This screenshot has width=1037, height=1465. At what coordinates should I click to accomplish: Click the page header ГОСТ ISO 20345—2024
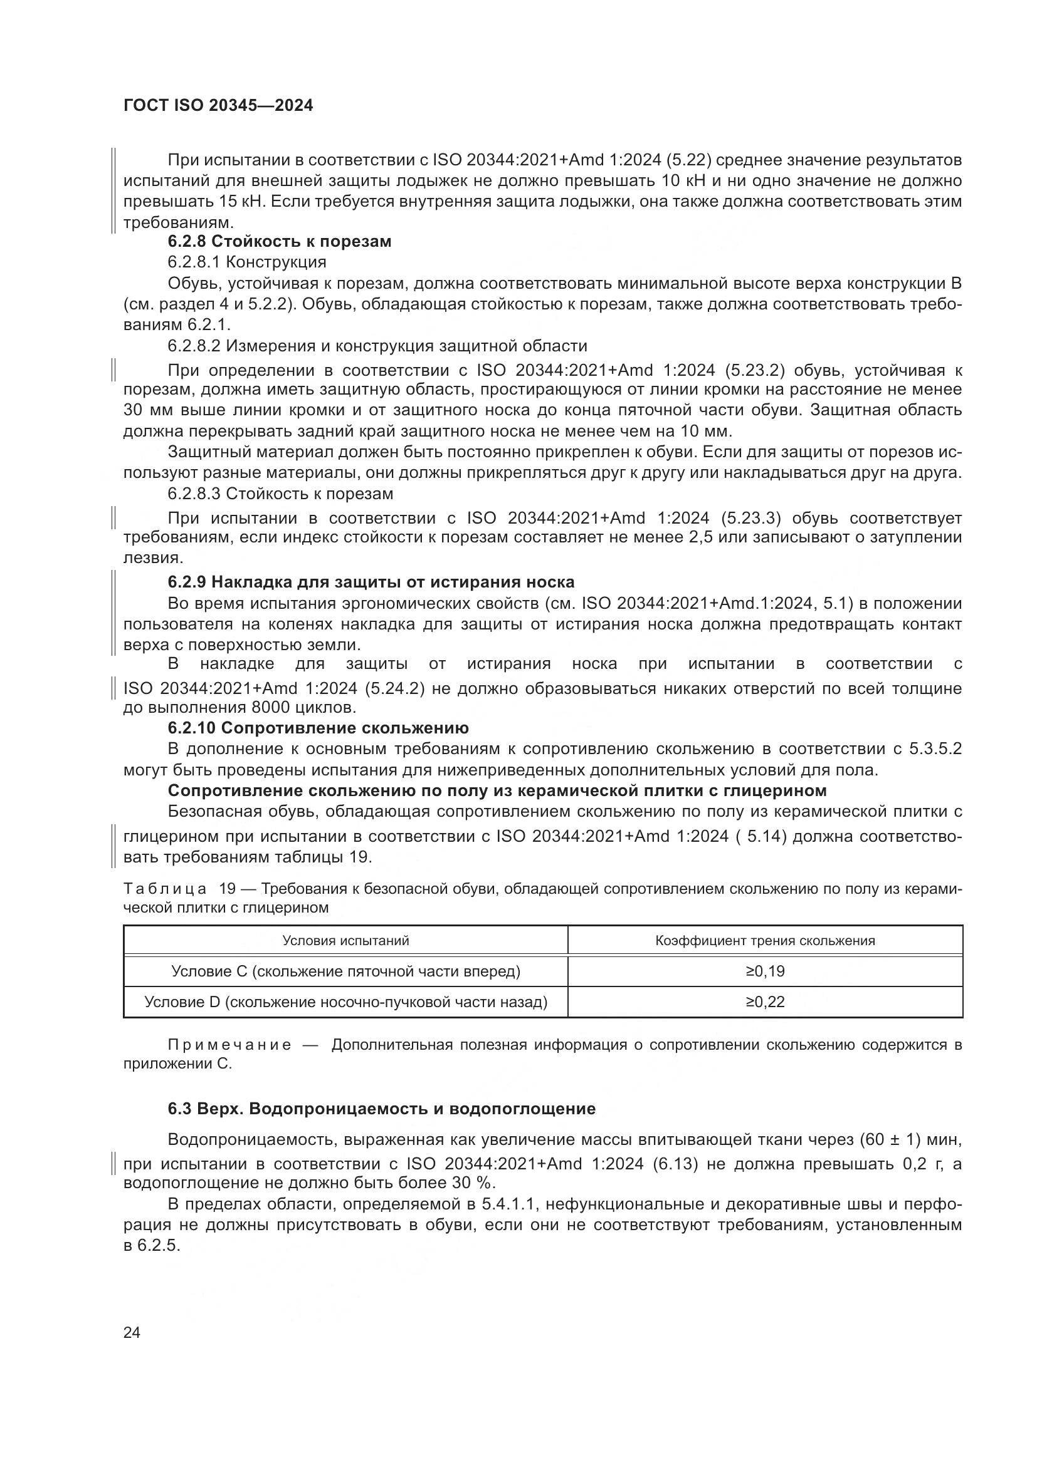point(218,106)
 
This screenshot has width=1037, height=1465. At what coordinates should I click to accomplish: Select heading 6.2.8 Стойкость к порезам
point(279,242)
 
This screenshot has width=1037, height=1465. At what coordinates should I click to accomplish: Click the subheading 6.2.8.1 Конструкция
point(246,262)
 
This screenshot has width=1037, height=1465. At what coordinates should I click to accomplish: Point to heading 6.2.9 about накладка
point(371,582)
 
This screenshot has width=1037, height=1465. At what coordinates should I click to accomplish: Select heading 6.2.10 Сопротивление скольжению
point(317,728)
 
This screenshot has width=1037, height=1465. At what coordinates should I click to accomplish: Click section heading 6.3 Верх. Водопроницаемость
point(381,1109)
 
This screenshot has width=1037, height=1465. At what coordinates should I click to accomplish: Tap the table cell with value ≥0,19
point(764,971)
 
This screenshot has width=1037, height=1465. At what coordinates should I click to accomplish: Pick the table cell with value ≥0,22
point(764,1002)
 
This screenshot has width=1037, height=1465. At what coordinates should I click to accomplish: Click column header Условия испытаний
point(345,941)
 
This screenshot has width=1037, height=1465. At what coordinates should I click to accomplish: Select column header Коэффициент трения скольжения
point(764,941)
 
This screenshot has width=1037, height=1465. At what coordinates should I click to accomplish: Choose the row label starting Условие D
point(345,1002)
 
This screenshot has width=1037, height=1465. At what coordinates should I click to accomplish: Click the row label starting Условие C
point(345,971)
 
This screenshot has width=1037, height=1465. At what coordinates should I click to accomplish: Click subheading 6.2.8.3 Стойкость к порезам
point(280,494)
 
